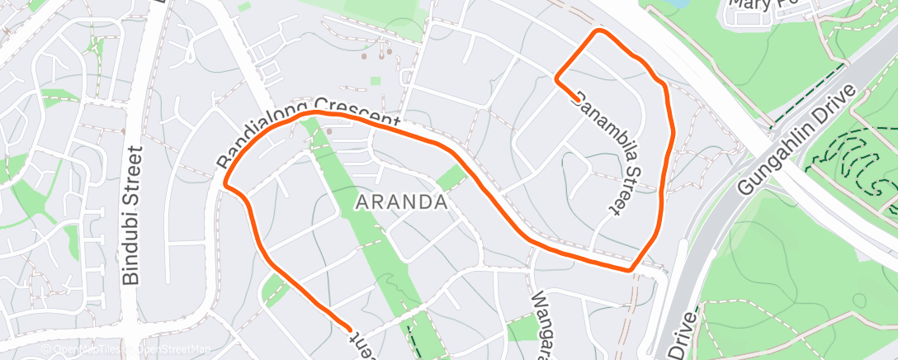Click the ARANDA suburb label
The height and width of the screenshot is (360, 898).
pyautogui.click(x=401, y=201)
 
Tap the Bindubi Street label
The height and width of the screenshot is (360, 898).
pyautogui.click(x=132, y=216)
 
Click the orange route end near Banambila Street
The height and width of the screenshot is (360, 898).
pyautogui.click(x=575, y=100)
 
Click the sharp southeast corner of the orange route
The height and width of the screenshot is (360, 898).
pyautogui.click(x=630, y=269)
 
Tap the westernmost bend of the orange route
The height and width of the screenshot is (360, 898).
pyautogui.click(x=224, y=183)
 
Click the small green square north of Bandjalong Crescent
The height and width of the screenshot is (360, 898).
pyautogui.click(x=376, y=81)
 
